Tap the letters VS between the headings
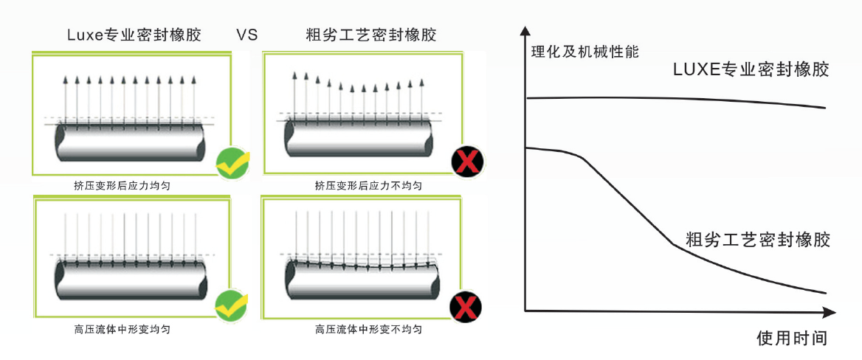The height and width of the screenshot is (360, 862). click(247, 35)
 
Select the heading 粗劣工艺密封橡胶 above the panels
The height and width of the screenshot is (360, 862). click(371, 35)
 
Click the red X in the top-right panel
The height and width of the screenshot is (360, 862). click(466, 162)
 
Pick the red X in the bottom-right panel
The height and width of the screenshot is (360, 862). click(466, 305)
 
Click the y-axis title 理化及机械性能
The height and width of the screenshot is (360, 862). click(585, 52)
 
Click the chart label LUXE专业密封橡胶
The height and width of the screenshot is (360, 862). click(751, 70)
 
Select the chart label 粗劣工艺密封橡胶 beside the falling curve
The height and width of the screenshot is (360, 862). click(759, 240)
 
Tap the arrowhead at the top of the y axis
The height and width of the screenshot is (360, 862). click(525, 32)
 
